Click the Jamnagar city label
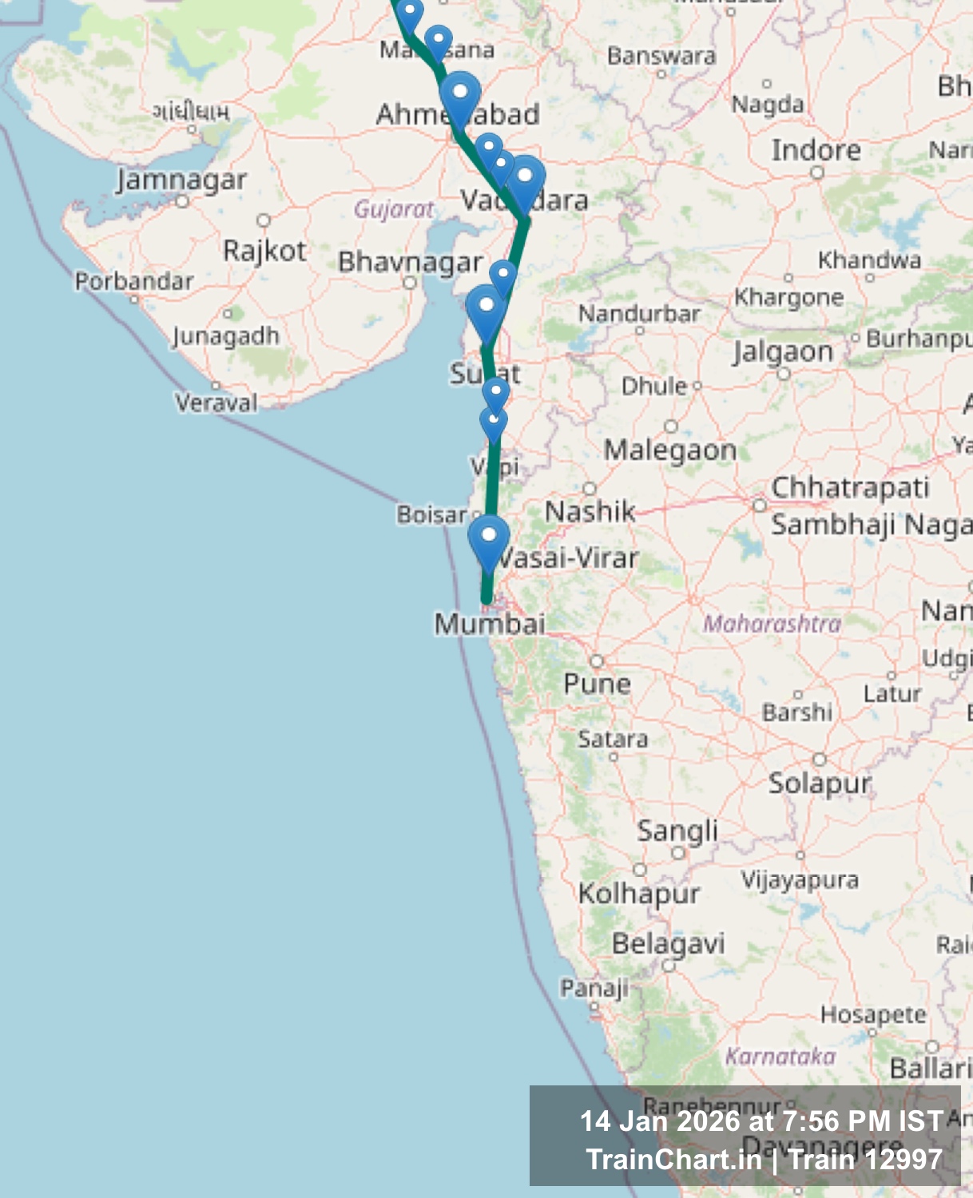(181, 180)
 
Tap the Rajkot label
(264, 251)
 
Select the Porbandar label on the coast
(134, 281)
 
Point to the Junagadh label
(226, 335)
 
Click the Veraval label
(216, 402)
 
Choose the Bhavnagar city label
(410, 262)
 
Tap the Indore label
(816, 150)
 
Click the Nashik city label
(590, 511)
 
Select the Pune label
(597, 684)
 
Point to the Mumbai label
(490, 623)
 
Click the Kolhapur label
(639, 893)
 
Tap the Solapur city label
(820, 783)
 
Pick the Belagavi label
(668, 943)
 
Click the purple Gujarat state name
(394, 209)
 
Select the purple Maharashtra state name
(772, 623)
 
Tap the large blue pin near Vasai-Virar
(489, 538)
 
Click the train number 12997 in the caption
(906, 1159)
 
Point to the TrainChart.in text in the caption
(673, 1159)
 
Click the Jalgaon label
(783, 351)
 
